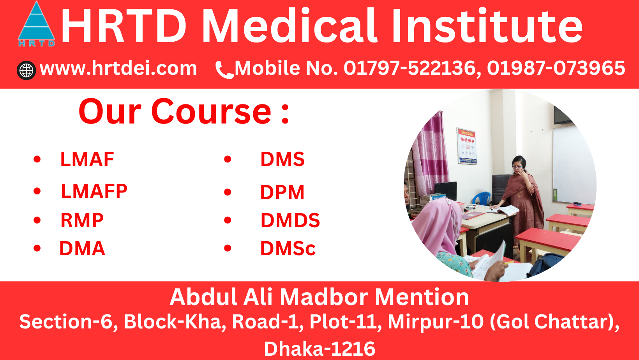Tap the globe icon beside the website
[x=26, y=71]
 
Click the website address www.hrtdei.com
[x=118, y=69]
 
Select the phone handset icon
[x=224, y=70]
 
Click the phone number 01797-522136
[x=410, y=68]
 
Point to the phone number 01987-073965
[x=556, y=68]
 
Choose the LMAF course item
[x=87, y=159]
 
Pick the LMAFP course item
[x=94, y=191]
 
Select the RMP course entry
[x=82, y=221]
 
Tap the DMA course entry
[x=82, y=249]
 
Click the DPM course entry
[x=282, y=192]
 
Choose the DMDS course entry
[x=290, y=221]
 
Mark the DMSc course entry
[x=288, y=249]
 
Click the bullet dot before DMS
[x=228, y=159]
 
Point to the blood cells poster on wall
[x=467, y=146]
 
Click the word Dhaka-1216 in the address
[x=319, y=348]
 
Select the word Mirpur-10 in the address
[x=436, y=322]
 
